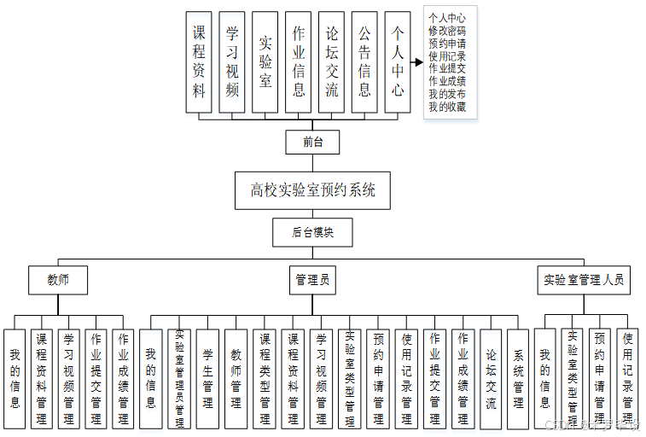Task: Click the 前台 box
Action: pos(312,143)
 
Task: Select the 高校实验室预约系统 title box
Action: pos(312,190)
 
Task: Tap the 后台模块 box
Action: pos(311,231)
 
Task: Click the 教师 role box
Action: pos(58,279)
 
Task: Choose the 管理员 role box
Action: pos(312,279)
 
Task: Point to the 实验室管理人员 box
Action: pos(584,279)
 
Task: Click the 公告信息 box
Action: pos(364,61)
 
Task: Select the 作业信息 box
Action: pos(298,61)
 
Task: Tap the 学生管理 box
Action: pos(207,379)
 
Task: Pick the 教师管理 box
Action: pos(236,379)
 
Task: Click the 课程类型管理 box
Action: pos(265,379)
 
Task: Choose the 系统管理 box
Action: pos(519,379)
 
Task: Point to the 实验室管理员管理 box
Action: pos(178,379)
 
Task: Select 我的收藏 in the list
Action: pos(447,108)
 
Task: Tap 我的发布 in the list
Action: pos(447,95)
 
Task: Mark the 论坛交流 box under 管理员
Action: pos(491,379)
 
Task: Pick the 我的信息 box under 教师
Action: pos(15,379)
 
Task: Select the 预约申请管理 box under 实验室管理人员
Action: pos(600,379)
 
